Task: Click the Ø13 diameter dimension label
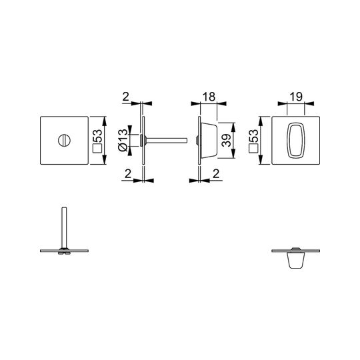pos(123,140)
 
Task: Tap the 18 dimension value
pos(209,97)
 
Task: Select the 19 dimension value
pos(296,97)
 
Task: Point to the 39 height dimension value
pos(227,140)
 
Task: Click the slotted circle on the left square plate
pos(64,140)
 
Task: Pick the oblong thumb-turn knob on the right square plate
pos(296,140)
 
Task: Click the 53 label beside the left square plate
pos(97,137)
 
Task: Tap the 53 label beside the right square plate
pos(254,137)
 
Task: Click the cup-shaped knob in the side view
pos(209,140)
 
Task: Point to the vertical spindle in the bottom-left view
pos(64,227)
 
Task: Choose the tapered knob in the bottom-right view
pos(296,260)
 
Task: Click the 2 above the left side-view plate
pos(126,97)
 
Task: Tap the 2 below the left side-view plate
pos(128,174)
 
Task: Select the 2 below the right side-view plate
pos(216,174)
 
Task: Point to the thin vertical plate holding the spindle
pos(143,140)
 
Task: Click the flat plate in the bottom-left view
pos(64,251)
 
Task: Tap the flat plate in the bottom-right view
pos(296,251)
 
